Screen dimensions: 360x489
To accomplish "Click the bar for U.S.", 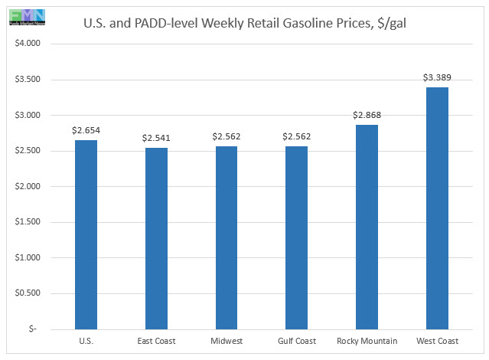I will (x=86, y=234).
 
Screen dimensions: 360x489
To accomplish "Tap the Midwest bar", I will (x=226, y=237).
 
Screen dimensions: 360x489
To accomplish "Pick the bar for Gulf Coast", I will (x=296, y=237).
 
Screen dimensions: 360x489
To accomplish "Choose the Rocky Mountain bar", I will (x=366, y=226).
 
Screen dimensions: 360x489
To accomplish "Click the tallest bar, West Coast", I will (x=436, y=208).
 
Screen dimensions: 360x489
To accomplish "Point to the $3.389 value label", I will (x=436, y=77).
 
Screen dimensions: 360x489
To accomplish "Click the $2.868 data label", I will (x=366, y=115).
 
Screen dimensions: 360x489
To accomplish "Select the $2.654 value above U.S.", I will (x=86, y=130).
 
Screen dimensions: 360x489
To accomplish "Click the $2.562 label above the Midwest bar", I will (x=226, y=136).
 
